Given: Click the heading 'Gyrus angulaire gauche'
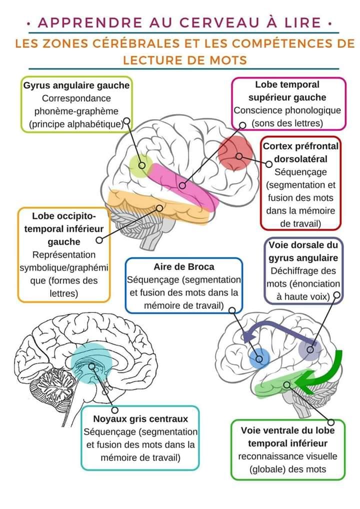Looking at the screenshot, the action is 76,85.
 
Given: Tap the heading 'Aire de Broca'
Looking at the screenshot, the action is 183,267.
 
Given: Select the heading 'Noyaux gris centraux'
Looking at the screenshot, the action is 140,419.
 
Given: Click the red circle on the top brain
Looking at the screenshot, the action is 235,152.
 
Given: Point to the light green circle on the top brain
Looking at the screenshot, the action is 140,166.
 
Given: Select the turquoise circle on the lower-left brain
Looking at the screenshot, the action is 91,363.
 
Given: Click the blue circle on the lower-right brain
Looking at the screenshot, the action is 259,358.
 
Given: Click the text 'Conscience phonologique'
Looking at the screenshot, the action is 287,110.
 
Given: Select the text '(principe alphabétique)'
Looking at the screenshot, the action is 76,124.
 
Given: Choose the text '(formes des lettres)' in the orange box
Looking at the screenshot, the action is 64,287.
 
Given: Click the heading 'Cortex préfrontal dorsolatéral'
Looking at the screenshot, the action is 300,152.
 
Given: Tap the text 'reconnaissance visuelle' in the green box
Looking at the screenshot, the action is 287,456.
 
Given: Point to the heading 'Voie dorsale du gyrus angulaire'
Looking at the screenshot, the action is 303,251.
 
